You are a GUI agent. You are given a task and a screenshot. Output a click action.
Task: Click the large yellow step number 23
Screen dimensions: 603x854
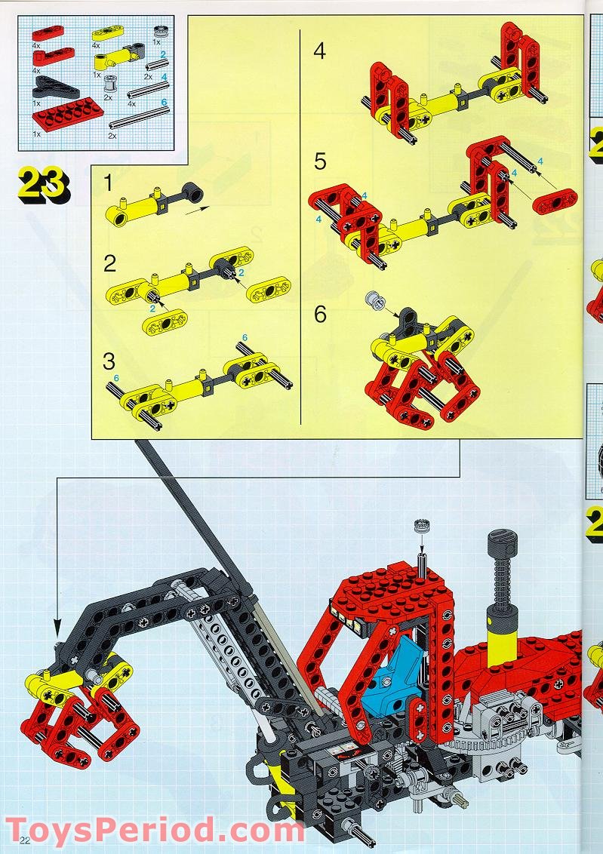[x=44, y=185]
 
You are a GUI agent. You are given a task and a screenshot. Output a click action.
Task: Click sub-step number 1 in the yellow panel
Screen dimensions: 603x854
[x=109, y=183]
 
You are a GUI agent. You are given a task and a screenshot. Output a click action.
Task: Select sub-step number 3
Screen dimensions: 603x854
[x=109, y=361]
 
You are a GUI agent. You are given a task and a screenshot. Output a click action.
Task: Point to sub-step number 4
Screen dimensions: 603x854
[x=320, y=51]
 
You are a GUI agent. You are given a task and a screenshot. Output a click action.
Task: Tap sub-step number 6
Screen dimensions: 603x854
[x=320, y=315]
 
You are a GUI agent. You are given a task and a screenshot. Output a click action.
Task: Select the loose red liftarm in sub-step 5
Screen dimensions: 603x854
[x=555, y=201]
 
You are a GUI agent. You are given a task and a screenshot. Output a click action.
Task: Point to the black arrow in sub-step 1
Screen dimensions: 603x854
[x=197, y=210]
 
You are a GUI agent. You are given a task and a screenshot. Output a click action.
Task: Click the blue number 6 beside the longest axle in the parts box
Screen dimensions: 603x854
[x=164, y=103]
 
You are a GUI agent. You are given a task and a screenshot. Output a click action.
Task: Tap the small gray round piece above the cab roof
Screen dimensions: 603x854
[x=421, y=526]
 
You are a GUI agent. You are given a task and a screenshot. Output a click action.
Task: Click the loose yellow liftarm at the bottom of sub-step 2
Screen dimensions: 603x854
[x=165, y=322]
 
